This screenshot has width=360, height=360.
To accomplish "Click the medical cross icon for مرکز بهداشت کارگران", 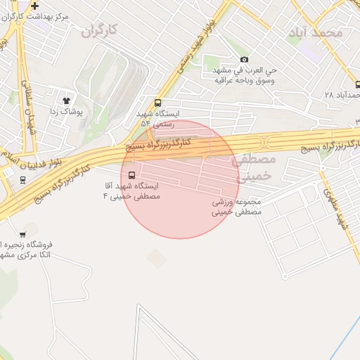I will pos(34,6).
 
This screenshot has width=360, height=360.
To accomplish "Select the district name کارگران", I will pos(98,30).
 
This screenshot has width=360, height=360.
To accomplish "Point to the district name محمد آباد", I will pos(315,33).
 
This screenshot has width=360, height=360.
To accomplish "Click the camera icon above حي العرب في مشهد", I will pos(244,60).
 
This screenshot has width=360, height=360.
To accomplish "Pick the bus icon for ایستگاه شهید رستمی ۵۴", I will pos(157,103).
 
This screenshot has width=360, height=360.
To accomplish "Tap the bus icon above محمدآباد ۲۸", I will pos(357,84).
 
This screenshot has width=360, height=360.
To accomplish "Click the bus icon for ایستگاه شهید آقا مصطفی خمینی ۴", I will pos(132,175).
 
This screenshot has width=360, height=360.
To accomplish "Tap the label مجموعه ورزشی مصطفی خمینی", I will pos(237,206).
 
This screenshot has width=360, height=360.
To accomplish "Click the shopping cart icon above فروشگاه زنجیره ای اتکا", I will pos(22,234).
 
